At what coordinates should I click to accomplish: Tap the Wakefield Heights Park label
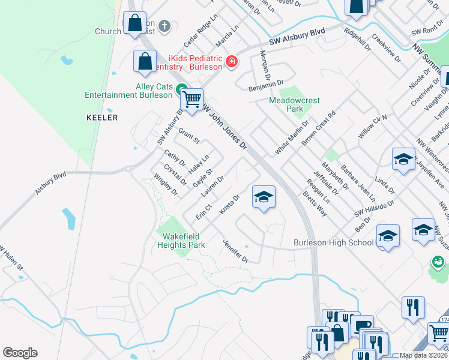pos(181,241)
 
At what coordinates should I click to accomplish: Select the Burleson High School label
pos(333,243)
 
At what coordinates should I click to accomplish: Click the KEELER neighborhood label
pos(101,118)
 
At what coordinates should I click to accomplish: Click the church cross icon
pos(164,26)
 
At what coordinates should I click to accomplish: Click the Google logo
pos(20,353)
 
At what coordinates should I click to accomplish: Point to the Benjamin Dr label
pos(266,87)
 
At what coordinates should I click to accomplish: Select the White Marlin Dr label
pos(291,138)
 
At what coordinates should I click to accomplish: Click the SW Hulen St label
pos(11,256)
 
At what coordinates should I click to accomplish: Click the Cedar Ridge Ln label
pos(199,33)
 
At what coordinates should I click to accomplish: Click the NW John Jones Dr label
pos(224,125)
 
